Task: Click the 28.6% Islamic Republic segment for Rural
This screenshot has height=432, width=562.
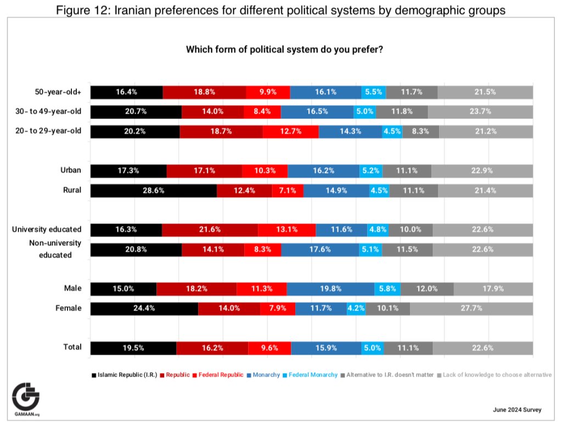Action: (154, 190)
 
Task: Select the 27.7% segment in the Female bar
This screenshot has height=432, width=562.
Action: (471, 308)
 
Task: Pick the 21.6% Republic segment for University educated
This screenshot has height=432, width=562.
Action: (210, 230)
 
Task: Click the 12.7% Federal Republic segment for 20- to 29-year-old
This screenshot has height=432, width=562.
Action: (291, 132)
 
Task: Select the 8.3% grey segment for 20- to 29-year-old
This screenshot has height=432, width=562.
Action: (420, 132)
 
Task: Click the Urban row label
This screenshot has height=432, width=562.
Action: (71, 171)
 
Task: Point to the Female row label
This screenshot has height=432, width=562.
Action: (69, 308)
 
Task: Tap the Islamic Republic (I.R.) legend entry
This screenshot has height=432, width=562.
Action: (124, 375)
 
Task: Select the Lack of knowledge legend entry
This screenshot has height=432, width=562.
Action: (494, 375)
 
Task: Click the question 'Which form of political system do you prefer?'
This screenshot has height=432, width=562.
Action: (284, 49)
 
